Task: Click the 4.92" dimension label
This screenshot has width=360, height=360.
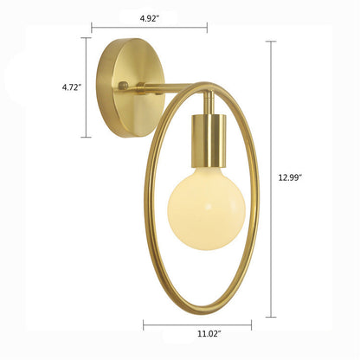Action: coord(150,19)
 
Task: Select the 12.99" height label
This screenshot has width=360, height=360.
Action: coord(290,177)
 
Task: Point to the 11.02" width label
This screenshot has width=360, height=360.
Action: coord(209,334)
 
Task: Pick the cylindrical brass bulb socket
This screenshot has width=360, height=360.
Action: coord(207,140)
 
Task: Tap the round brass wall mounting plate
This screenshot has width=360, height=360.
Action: coord(130,88)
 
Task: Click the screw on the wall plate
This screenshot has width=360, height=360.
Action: coord(124,86)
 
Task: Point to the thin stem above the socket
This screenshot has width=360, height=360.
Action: coord(209,103)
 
